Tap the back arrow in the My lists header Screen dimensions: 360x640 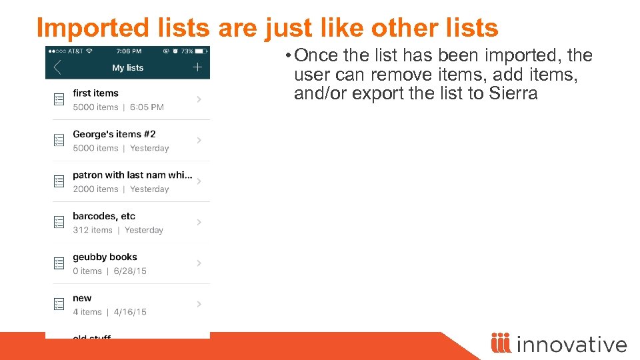point(57,67)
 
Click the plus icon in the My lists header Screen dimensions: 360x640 point(197,67)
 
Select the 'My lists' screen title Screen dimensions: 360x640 point(128,67)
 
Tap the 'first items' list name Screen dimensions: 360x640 point(95,93)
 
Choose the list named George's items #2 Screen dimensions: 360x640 point(114,134)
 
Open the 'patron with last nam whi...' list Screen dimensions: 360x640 point(132,175)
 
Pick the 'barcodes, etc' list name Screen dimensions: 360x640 point(104,216)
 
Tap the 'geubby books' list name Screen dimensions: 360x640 point(105,257)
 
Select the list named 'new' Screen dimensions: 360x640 point(82,298)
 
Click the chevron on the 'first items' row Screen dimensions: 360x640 point(199,99)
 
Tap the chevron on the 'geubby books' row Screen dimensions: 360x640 point(199,263)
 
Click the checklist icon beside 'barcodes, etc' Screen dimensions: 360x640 point(59,222)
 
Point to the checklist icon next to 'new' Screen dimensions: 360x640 point(59,304)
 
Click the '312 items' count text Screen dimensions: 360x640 point(93,230)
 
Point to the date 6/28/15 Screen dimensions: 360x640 point(130,271)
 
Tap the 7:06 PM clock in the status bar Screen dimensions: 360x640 point(129,51)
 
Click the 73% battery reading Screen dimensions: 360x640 point(187,51)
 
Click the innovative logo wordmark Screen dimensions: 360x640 point(571,344)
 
